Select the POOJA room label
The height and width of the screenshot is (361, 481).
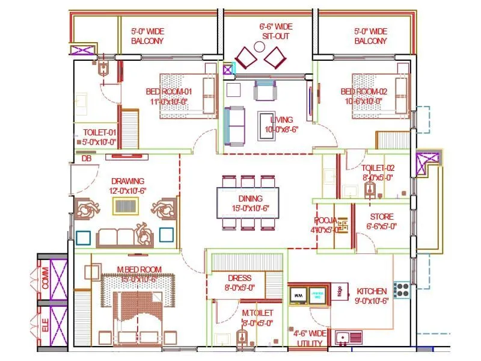[x=325, y=220]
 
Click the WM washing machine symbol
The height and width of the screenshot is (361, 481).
[x=299, y=295]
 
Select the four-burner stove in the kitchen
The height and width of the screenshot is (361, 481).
[x=402, y=288]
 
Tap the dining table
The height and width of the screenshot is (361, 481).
[x=248, y=203]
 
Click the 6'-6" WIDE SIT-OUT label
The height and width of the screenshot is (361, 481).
[x=276, y=31]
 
